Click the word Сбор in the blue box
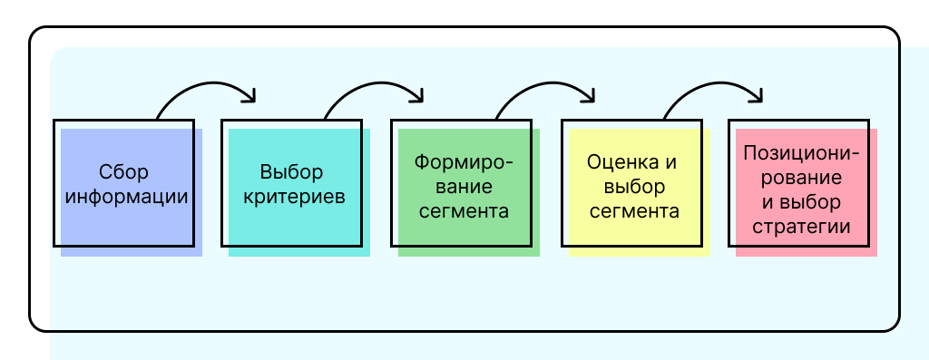[x=123, y=172]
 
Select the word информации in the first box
[x=123, y=197]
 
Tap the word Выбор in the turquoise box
[x=291, y=172]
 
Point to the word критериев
[x=291, y=197]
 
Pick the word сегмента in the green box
[x=463, y=211]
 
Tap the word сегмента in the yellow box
[x=634, y=211]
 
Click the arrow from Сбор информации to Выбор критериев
[x=207, y=89]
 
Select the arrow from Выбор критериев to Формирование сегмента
[x=374, y=89]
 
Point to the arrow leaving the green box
[x=544, y=89]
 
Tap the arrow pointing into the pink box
[x=712, y=89]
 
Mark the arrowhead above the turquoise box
[x=251, y=94]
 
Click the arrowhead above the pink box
[x=757, y=94]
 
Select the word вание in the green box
[x=463, y=187]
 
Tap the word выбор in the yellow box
[x=634, y=187]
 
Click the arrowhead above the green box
[x=418, y=94]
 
